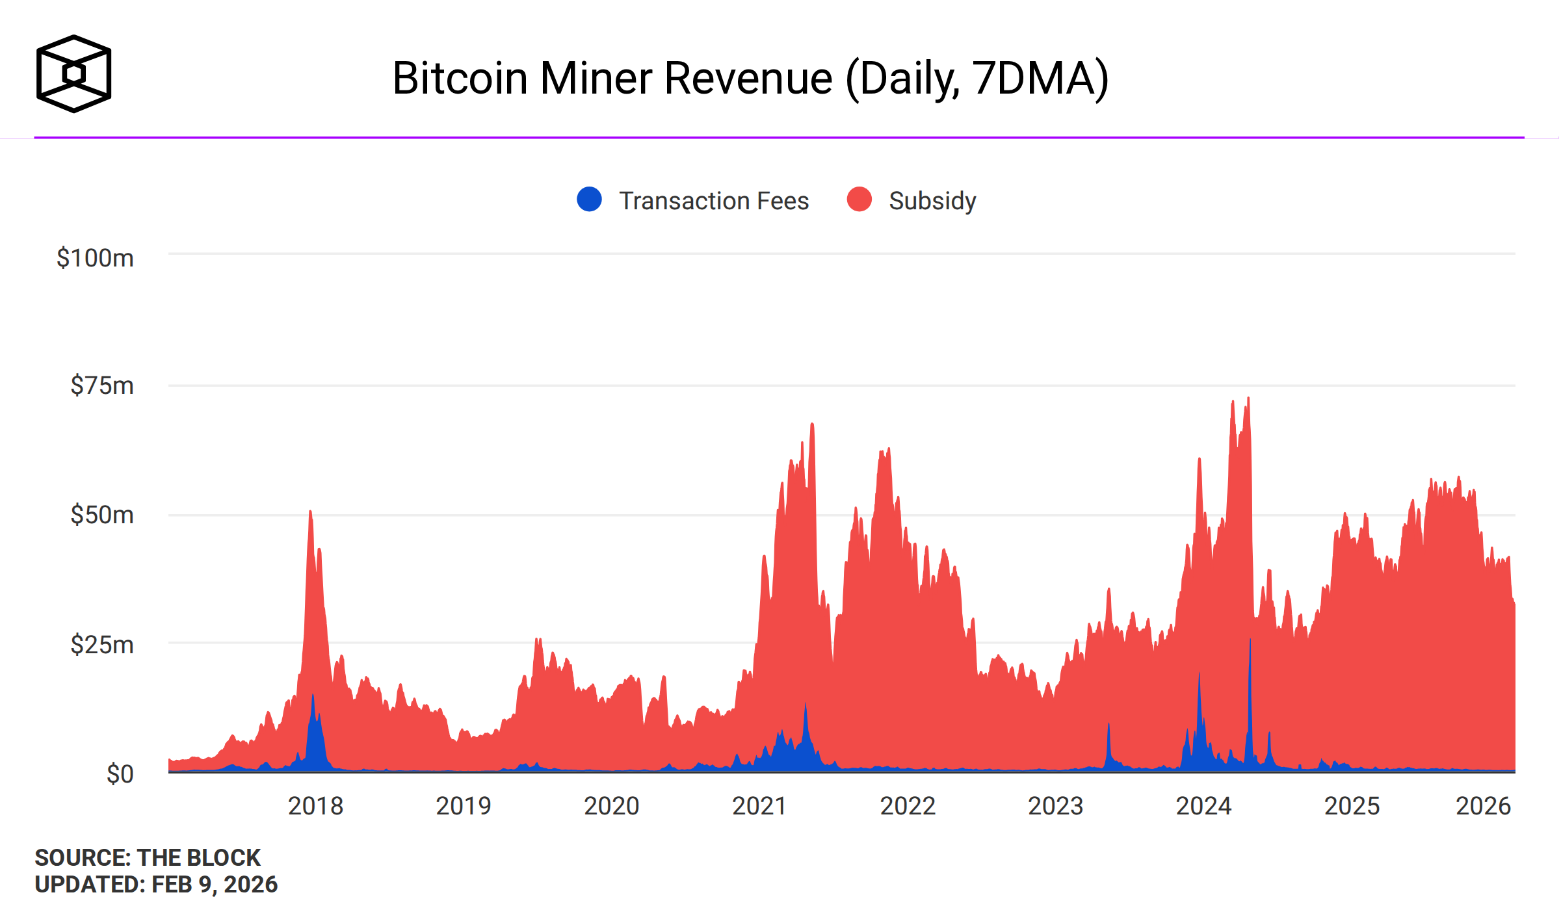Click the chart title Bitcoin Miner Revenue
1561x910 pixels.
click(x=750, y=79)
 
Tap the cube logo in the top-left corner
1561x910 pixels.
click(x=73, y=73)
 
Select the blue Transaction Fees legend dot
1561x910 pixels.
click(x=589, y=199)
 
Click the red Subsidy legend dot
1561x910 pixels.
click(x=859, y=199)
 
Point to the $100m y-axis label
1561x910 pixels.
click(x=95, y=258)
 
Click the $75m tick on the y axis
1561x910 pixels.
click(x=102, y=385)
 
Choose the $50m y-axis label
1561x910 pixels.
click(x=102, y=515)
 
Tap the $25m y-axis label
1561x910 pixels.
click(x=102, y=645)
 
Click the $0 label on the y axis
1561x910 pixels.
click(x=120, y=773)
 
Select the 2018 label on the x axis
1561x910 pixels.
click(x=315, y=806)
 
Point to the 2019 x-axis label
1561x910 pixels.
click(x=463, y=806)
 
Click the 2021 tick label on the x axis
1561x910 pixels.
click(x=759, y=806)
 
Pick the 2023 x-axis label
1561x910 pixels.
click(x=1055, y=806)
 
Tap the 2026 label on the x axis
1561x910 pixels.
click(x=1483, y=806)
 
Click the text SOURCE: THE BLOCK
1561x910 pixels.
click(x=148, y=857)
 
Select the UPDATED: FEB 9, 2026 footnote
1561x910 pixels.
click(x=156, y=884)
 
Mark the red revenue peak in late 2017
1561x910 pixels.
click(x=310, y=513)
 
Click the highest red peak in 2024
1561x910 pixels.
click(x=1248, y=399)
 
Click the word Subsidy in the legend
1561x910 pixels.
click(x=932, y=201)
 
